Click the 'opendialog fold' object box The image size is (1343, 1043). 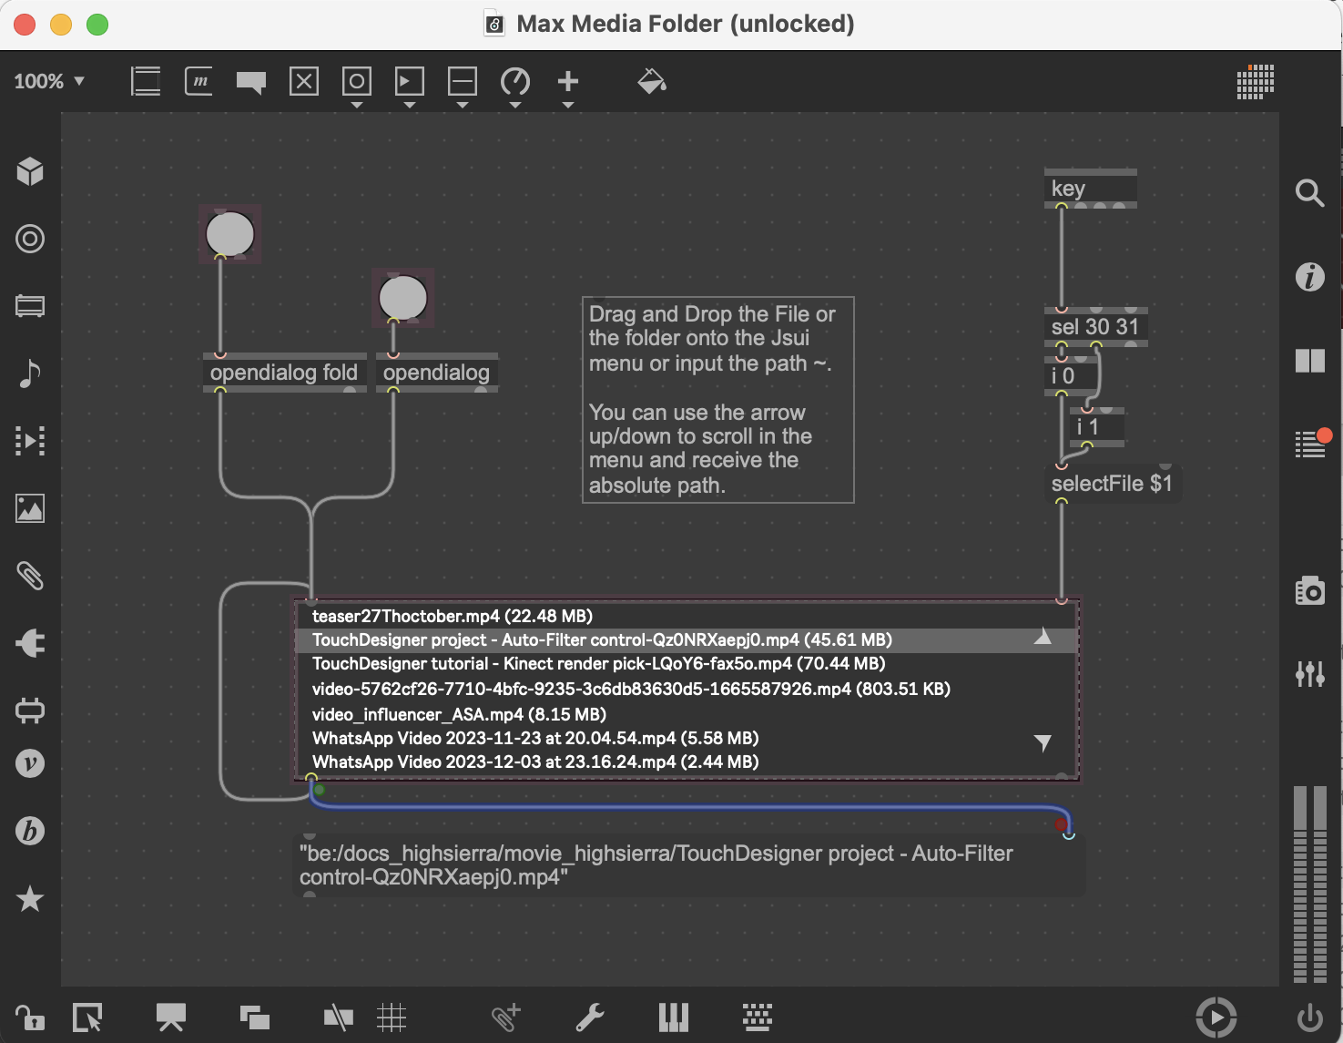click(x=284, y=373)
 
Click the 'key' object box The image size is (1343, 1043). click(x=1089, y=189)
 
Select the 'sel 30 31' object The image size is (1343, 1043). click(x=1094, y=327)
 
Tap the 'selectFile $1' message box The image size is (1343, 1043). click(x=1111, y=484)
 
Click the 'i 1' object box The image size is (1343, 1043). click(x=1096, y=427)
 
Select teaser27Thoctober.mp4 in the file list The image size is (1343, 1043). click(x=452, y=617)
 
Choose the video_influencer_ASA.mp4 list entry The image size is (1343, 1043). click(x=459, y=714)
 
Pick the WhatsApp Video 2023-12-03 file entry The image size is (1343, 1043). click(x=535, y=762)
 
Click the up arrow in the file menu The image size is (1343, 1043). click(x=1043, y=638)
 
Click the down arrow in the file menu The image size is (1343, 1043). click(x=1043, y=742)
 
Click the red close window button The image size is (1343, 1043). click(x=25, y=25)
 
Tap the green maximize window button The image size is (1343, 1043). click(x=97, y=25)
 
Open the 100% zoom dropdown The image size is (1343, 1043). click(x=49, y=81)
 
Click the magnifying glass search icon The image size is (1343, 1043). click(x=1309, y=193)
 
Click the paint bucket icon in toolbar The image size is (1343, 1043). click(x=652, y=82)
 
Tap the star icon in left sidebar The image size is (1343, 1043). click(x=30, y=899)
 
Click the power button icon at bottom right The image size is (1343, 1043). click(x=1309, y=1017)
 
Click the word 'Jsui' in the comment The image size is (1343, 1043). click(x=790, y=338)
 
